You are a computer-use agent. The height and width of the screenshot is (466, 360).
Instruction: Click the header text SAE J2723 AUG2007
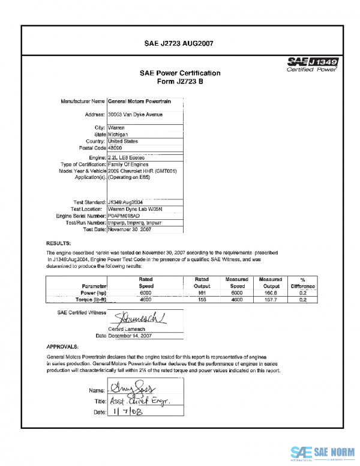coord(179,43)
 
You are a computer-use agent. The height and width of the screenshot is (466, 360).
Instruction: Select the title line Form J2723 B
coord(180,82)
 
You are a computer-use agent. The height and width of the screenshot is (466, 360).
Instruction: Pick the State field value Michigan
coord(119,135)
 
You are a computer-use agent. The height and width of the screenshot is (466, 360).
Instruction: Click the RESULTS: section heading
coord(59,243)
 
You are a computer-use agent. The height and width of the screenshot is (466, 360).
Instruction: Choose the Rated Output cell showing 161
coord(202,292)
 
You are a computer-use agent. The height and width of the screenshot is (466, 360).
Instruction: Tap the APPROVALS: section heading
coord(62,347)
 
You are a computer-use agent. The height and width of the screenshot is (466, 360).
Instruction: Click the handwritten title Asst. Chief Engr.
coord(137,401)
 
